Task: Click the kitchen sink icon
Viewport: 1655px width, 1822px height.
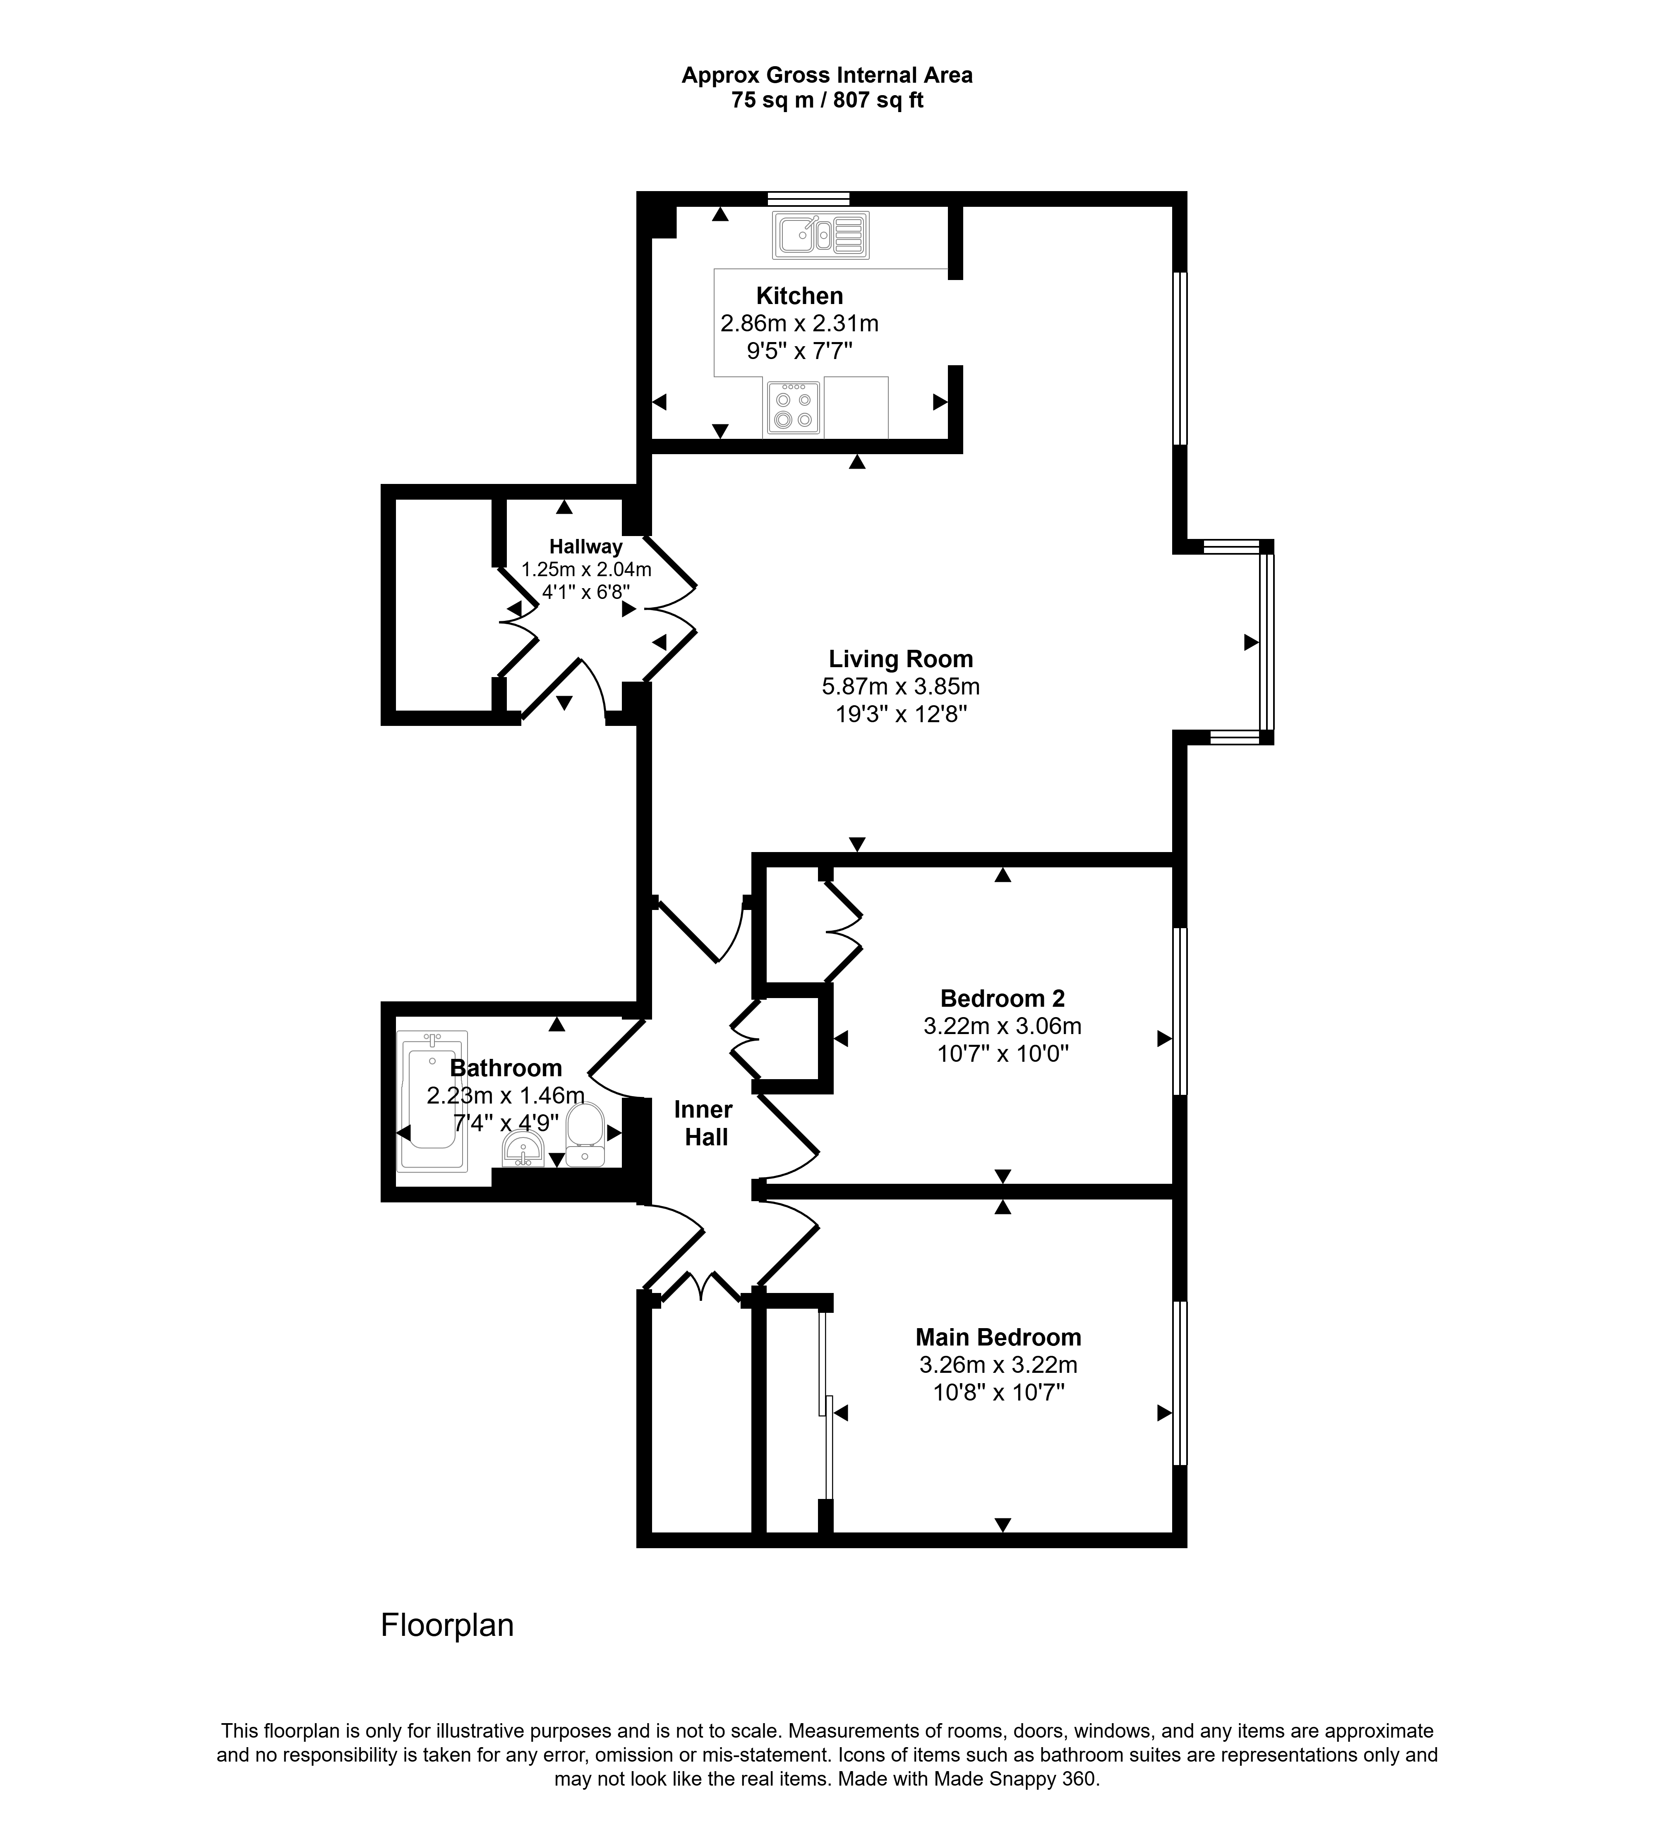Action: [820, 235]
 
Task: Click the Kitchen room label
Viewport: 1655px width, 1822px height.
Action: [799, 296]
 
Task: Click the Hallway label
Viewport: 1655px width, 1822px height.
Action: [586, 547]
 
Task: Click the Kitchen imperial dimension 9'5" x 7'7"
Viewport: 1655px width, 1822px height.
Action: [799, 351]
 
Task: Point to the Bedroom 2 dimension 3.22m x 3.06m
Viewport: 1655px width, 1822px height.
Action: [1003, 1026]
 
